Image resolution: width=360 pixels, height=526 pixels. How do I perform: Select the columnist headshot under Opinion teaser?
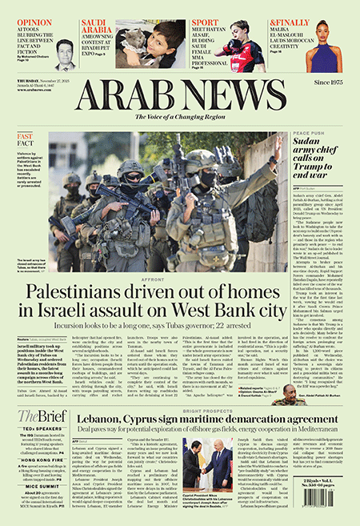coord(66,54)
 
